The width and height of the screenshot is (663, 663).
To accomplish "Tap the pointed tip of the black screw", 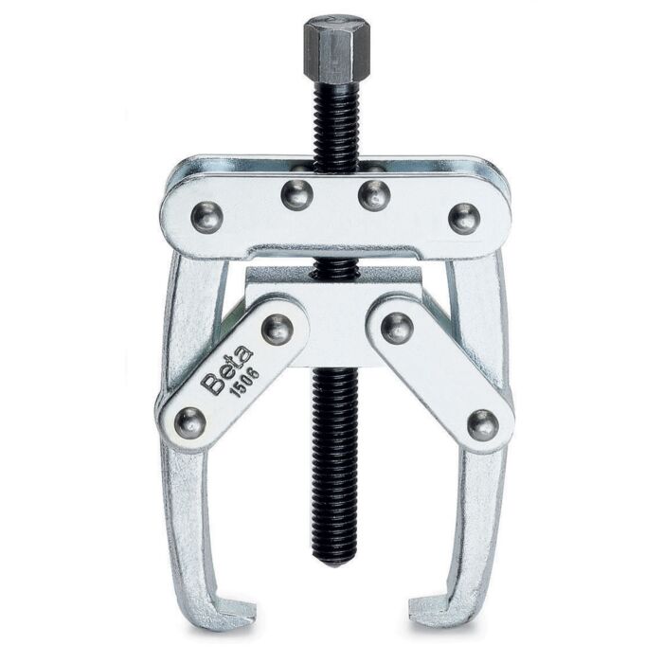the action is click(334, 564).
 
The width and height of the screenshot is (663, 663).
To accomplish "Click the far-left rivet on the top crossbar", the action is click(207, 217).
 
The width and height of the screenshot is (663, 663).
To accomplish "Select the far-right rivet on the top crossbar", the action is click(464, 219).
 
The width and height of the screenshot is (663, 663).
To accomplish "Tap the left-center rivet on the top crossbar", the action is click(296, 194).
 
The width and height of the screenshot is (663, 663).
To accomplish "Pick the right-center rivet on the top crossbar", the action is click(374, 194).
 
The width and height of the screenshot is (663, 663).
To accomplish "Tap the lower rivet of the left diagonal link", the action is click(189, 422).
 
